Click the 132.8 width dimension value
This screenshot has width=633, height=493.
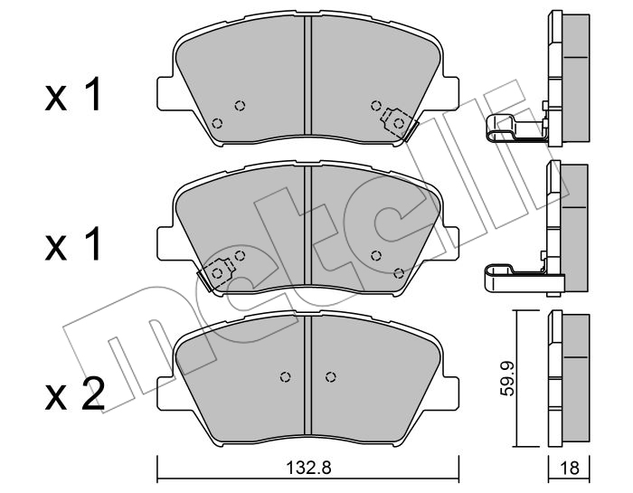pos(308,468)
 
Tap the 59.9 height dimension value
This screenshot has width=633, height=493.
pos(506,379)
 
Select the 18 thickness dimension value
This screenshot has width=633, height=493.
pos(569,468)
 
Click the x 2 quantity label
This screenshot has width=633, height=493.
pos(74,393)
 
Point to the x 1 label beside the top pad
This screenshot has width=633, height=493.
pos(72,94)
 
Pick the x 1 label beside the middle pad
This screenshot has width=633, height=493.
pos(72,244)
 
